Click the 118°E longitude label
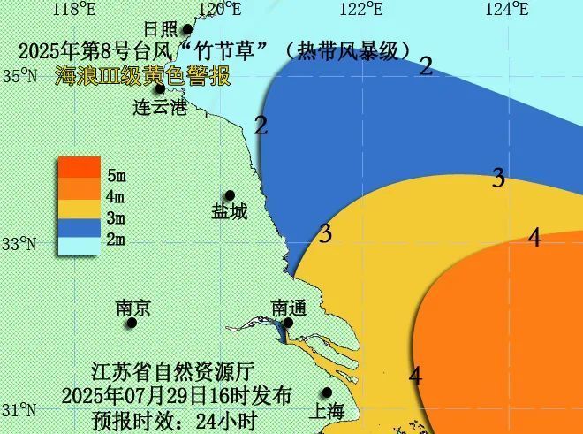point(74,10)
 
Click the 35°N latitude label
point(17,76)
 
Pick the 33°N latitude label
point(17,244)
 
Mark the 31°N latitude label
point(17,411)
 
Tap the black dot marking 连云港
point(160,88)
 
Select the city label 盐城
point(229,212)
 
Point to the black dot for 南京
point(131,323)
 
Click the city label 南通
point(288,308)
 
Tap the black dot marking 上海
point(327,392)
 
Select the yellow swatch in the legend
point(79,215)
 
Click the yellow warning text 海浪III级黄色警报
point(141,76)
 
